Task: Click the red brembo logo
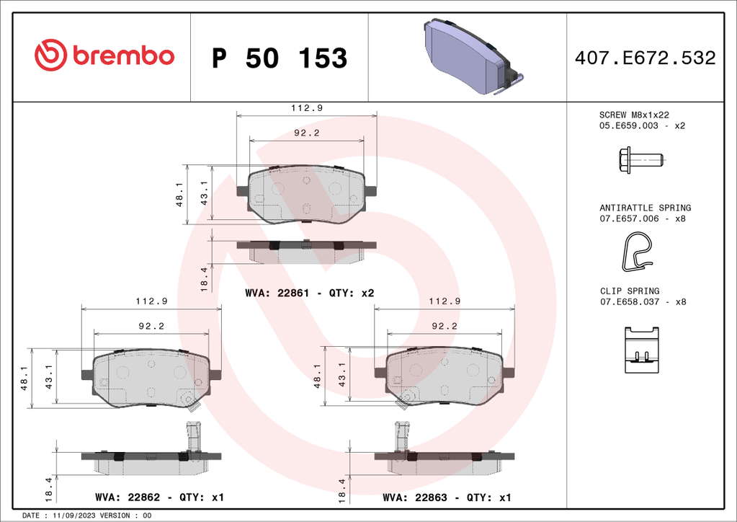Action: click(104, 55)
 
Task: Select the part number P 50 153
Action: click(280, 58)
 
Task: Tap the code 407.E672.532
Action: click(646, 58)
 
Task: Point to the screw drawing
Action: click(641, 160)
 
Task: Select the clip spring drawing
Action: click(642, 350)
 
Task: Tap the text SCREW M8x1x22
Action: click(634, 115)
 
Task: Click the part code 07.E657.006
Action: click(629, 218)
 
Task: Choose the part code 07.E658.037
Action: click(630, 302)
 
